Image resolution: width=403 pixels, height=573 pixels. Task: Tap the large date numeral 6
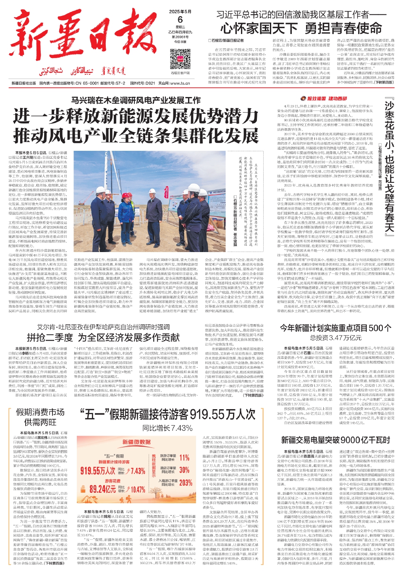click(180, 20)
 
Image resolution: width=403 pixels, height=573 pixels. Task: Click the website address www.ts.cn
click(181, 83)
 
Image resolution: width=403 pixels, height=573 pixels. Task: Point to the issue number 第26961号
click(180, 37)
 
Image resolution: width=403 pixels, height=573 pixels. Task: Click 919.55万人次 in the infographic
click(98, 470)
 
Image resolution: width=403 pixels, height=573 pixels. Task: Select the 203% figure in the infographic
click(186, 483)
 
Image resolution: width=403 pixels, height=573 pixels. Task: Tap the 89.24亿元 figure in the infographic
click(103, 489)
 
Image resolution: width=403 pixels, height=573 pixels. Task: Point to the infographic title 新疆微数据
click(136, 442)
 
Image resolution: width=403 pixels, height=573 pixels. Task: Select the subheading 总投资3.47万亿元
click(335, 338)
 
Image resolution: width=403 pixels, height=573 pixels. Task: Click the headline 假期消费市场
click(40, 412)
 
